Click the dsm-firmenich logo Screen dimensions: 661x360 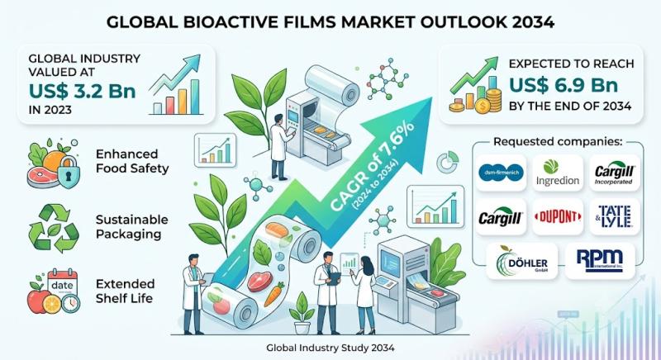pos(501,173)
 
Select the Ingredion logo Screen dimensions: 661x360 pos(558,173)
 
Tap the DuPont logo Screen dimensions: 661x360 pos(558,217)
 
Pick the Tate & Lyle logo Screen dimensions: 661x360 pos(615,217)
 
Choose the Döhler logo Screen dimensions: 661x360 pos(521,261)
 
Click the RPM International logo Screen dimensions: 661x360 pos(600,260)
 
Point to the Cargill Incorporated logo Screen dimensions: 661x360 pos(614,173)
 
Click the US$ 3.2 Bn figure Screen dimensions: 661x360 pos(83,91)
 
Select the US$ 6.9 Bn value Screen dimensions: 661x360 pos(564,85)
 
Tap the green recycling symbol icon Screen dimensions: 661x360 pos(54,229)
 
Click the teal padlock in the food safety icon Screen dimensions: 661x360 pos(68,173)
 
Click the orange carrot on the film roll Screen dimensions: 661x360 pos(274,294)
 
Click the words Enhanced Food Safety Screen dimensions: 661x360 pos(132,161)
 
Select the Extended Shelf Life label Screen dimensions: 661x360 pos(126,291)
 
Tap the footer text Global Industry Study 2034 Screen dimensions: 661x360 pos(330,348)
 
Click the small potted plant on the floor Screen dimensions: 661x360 pos(302,314)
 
